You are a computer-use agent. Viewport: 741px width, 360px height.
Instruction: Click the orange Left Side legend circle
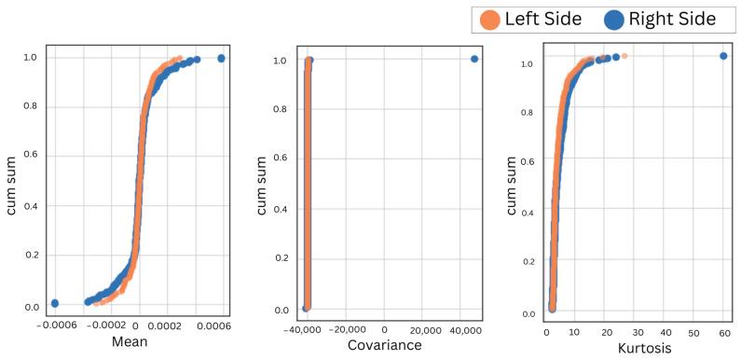(488, 19)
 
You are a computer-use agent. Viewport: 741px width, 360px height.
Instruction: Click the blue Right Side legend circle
(612, 19)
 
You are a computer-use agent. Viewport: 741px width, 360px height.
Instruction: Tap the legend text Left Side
(542, 19)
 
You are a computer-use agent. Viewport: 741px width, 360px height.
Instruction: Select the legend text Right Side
(672, 19)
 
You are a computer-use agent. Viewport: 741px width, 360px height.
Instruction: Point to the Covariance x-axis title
(384, 346)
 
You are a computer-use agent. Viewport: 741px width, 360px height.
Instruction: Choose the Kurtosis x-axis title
(637, 346)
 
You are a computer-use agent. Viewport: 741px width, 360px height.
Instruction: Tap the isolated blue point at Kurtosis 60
(723, 56)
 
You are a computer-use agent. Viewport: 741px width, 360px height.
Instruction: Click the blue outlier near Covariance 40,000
(474, 59)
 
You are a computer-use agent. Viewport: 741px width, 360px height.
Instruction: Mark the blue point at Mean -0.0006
(55, 303)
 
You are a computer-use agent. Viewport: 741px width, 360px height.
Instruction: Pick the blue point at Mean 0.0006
(221, 58)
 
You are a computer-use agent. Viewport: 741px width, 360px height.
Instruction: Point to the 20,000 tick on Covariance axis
(426, 331)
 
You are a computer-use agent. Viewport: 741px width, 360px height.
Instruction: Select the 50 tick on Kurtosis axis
(693, 331)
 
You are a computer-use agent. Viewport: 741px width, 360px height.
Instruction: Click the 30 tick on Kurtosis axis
(635, 331)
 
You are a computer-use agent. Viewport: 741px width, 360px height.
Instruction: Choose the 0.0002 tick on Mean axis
(176, 326)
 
